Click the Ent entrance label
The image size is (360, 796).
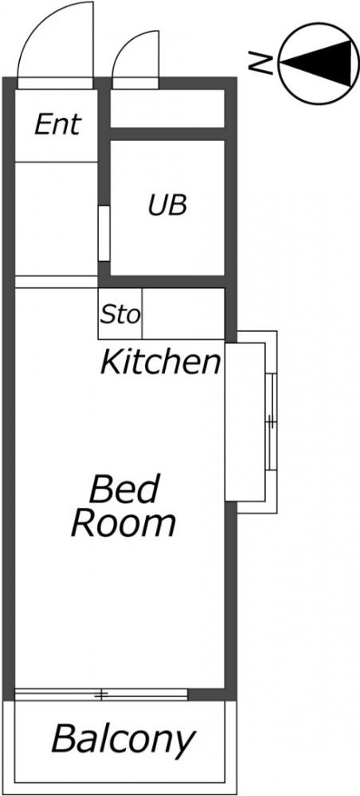pos(58,124)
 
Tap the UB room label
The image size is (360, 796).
pos(168,205)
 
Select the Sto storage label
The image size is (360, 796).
pos(119,315)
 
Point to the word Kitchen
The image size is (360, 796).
pos(161,362)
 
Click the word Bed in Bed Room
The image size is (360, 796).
pos(125,489)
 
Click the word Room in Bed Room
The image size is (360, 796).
pos(124,523)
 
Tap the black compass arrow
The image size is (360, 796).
pos(316,63)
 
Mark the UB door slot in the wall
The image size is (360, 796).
pos(104,233)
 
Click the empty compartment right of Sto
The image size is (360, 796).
pos(183,313)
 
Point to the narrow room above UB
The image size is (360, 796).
pos(167,108)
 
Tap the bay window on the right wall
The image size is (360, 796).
pos(252,421)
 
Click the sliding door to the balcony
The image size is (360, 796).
pos(102,694)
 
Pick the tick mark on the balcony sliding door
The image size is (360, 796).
pos(102,694)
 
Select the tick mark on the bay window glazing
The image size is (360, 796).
pos(271,421)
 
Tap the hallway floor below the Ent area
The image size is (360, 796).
pos(57,219)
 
